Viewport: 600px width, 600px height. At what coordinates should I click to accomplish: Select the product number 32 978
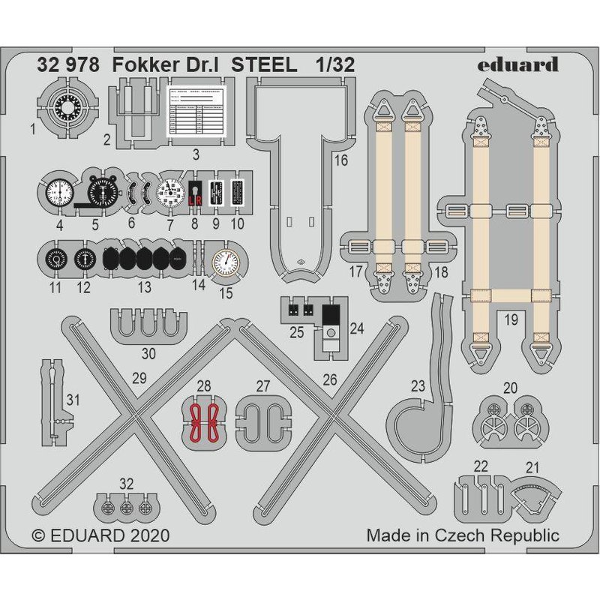click(67, 64)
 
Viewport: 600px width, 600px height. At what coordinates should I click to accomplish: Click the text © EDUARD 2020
click(101, 536)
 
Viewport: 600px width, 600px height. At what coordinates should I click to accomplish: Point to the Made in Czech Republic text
click(463, 535)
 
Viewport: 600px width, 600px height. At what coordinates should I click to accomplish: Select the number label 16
click(341, 160)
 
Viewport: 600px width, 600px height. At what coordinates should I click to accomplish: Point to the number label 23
click(418, 386)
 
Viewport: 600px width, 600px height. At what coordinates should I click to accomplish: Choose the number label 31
click(72, 400)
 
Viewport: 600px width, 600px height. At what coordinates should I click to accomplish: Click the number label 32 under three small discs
click(126, 483)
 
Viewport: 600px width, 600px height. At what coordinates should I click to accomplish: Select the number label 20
click(510, 388)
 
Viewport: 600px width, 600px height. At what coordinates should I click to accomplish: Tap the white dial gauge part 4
click(57, 193)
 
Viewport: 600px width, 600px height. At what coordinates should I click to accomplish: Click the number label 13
click(144, 287)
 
